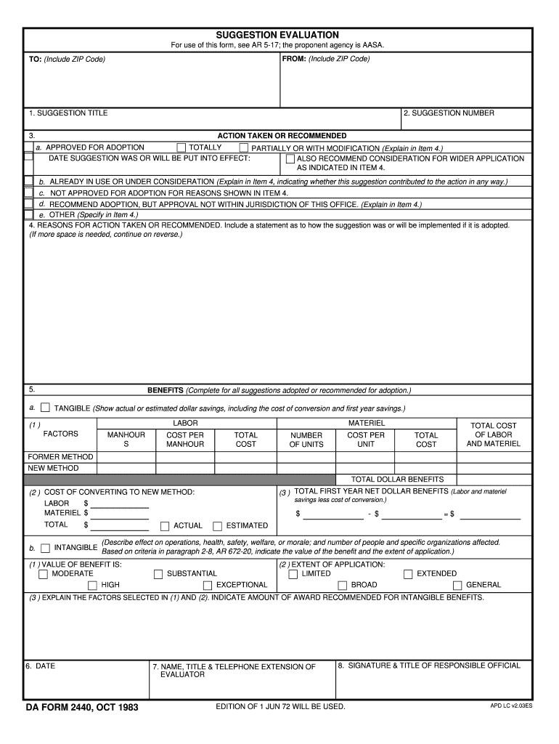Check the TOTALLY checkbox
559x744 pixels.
[x=181, y=147]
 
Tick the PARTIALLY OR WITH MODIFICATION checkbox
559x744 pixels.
[x=244, y=147]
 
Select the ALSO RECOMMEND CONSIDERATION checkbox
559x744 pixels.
[x=290, y=158]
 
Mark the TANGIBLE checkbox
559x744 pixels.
[x=46, y=408]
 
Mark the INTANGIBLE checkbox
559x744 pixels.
[x=46, y=547]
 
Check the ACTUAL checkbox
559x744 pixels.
[x=165, y=526]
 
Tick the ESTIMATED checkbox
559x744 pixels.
[x=217, y=526]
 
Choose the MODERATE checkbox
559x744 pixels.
[x=43, y=574]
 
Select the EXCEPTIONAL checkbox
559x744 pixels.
[x=208, y=585]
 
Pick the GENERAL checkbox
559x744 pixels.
[x=457, y=585]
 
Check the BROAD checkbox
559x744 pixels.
[x=343, y=585]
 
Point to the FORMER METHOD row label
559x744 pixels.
[x=60, y=457]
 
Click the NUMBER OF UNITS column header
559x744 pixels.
[x=306, y=440]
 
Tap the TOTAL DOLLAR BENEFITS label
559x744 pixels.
[x=397, y=480]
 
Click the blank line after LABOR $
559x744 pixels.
[x=119, y=505]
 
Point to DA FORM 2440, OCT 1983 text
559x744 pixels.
[x=82, y=707]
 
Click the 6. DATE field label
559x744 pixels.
[x=41, y=666]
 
